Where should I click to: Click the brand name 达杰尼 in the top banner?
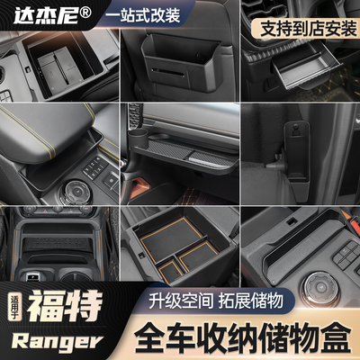click(36, 15)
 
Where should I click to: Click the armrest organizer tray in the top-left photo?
click(60, 64)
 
